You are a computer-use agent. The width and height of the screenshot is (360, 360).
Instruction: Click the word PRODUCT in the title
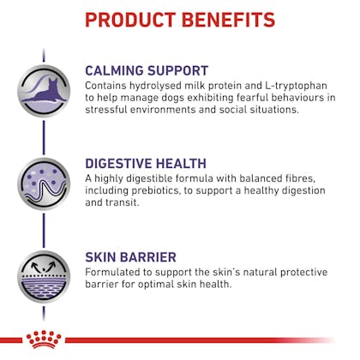pos(130,20)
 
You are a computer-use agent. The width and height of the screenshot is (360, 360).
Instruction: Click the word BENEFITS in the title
pos(228,20)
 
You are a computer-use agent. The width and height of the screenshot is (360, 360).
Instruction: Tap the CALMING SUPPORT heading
pos(147,71)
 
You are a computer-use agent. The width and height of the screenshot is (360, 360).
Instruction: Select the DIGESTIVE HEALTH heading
pos(146,164)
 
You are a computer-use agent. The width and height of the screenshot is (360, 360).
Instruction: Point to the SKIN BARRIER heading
pos(130,257)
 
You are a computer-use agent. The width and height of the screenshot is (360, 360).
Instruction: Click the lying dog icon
pos(44,91)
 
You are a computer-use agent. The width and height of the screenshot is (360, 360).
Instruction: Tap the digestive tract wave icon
pos(44,184)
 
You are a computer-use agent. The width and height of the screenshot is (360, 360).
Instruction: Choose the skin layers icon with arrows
pos(44,277)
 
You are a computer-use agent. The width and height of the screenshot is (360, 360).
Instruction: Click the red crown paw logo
pos(44,339)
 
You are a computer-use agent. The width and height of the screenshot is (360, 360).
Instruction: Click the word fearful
pos(252,98)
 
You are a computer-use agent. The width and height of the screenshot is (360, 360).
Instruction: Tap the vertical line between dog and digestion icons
pos(44,137)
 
